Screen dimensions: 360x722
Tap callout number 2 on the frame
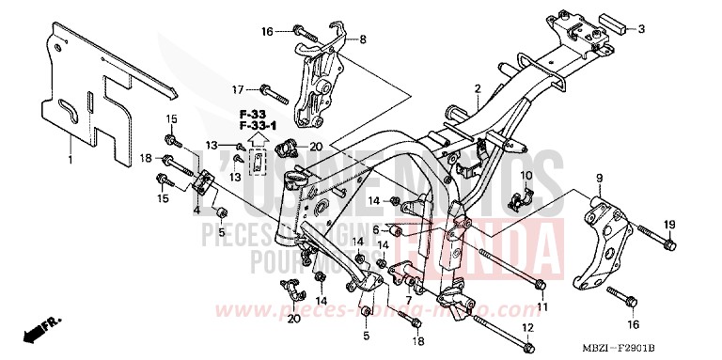[x=478, y=89]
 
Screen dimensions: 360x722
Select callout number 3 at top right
[x=642, y=29]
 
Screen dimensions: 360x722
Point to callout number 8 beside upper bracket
[x=364, y=39]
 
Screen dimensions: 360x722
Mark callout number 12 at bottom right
[x=528, y=328]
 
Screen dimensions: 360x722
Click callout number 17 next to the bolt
[x=240, y=89]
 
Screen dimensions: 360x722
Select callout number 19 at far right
[x=669, y=224]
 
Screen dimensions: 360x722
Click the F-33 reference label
[x=249, y=114]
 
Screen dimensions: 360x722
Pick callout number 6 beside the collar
[x=375, y=229]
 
